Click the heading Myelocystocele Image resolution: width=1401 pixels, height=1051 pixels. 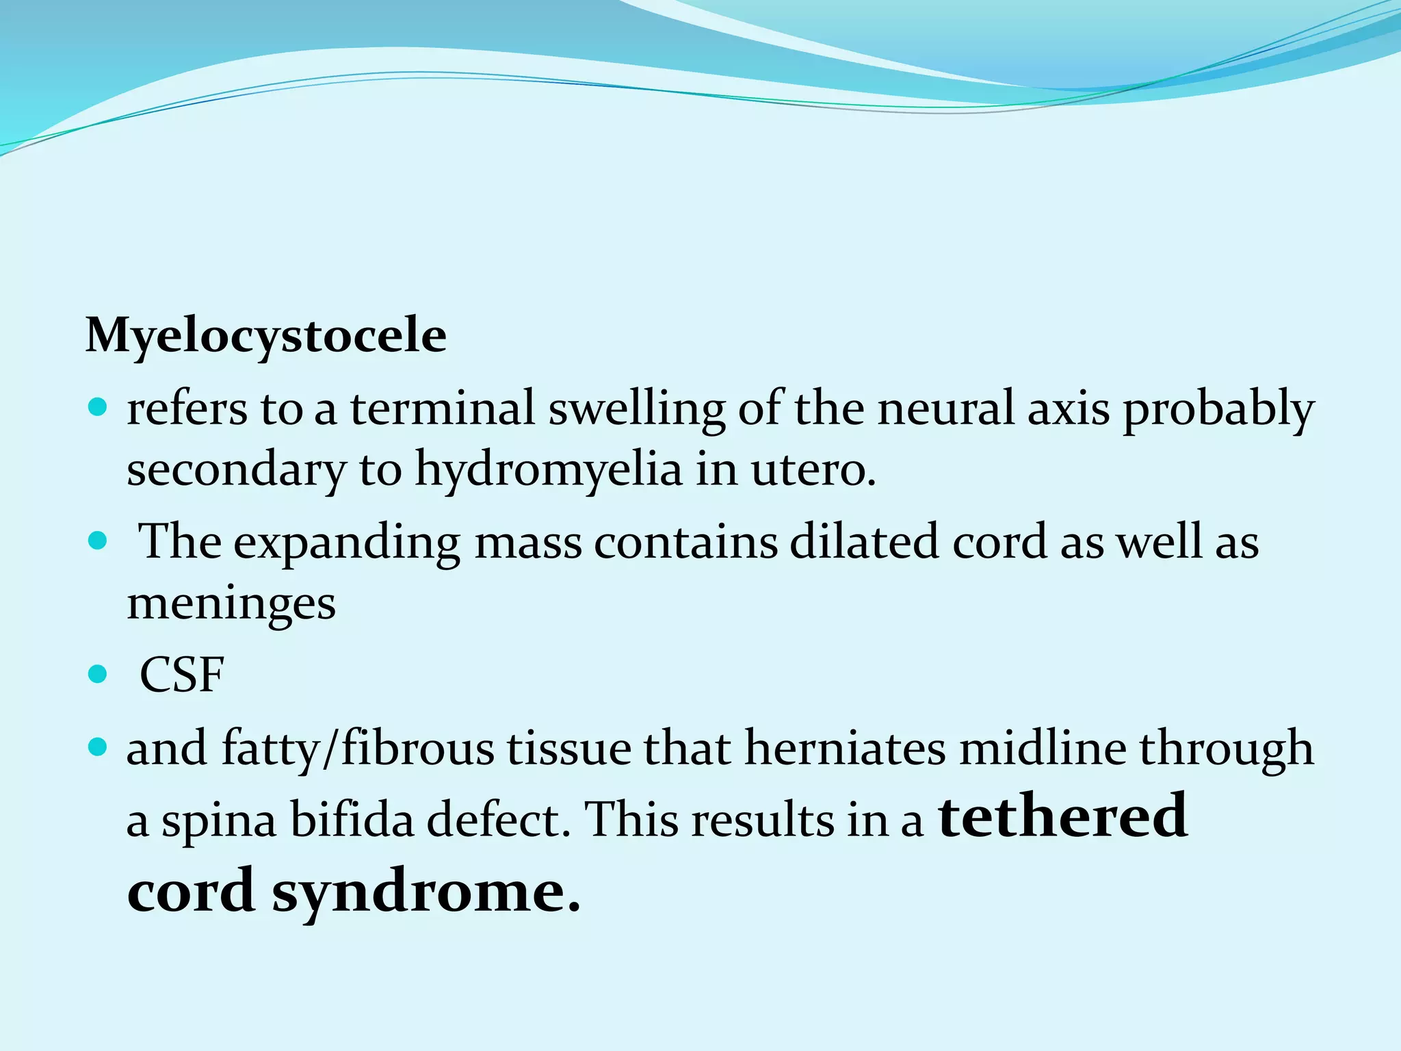point(265,337)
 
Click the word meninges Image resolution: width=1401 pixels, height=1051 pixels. point(231,604)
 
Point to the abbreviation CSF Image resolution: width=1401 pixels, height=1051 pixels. point(182,675)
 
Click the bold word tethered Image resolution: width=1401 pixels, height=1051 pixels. point(1062,816)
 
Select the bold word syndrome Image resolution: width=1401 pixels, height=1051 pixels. point(425,892)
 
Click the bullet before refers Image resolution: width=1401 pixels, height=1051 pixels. point(99,409)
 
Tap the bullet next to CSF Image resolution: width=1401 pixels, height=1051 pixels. point(99,675)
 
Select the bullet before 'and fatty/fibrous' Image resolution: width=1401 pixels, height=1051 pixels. point(99,748)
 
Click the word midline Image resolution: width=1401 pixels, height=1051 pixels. point(1043,748)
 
